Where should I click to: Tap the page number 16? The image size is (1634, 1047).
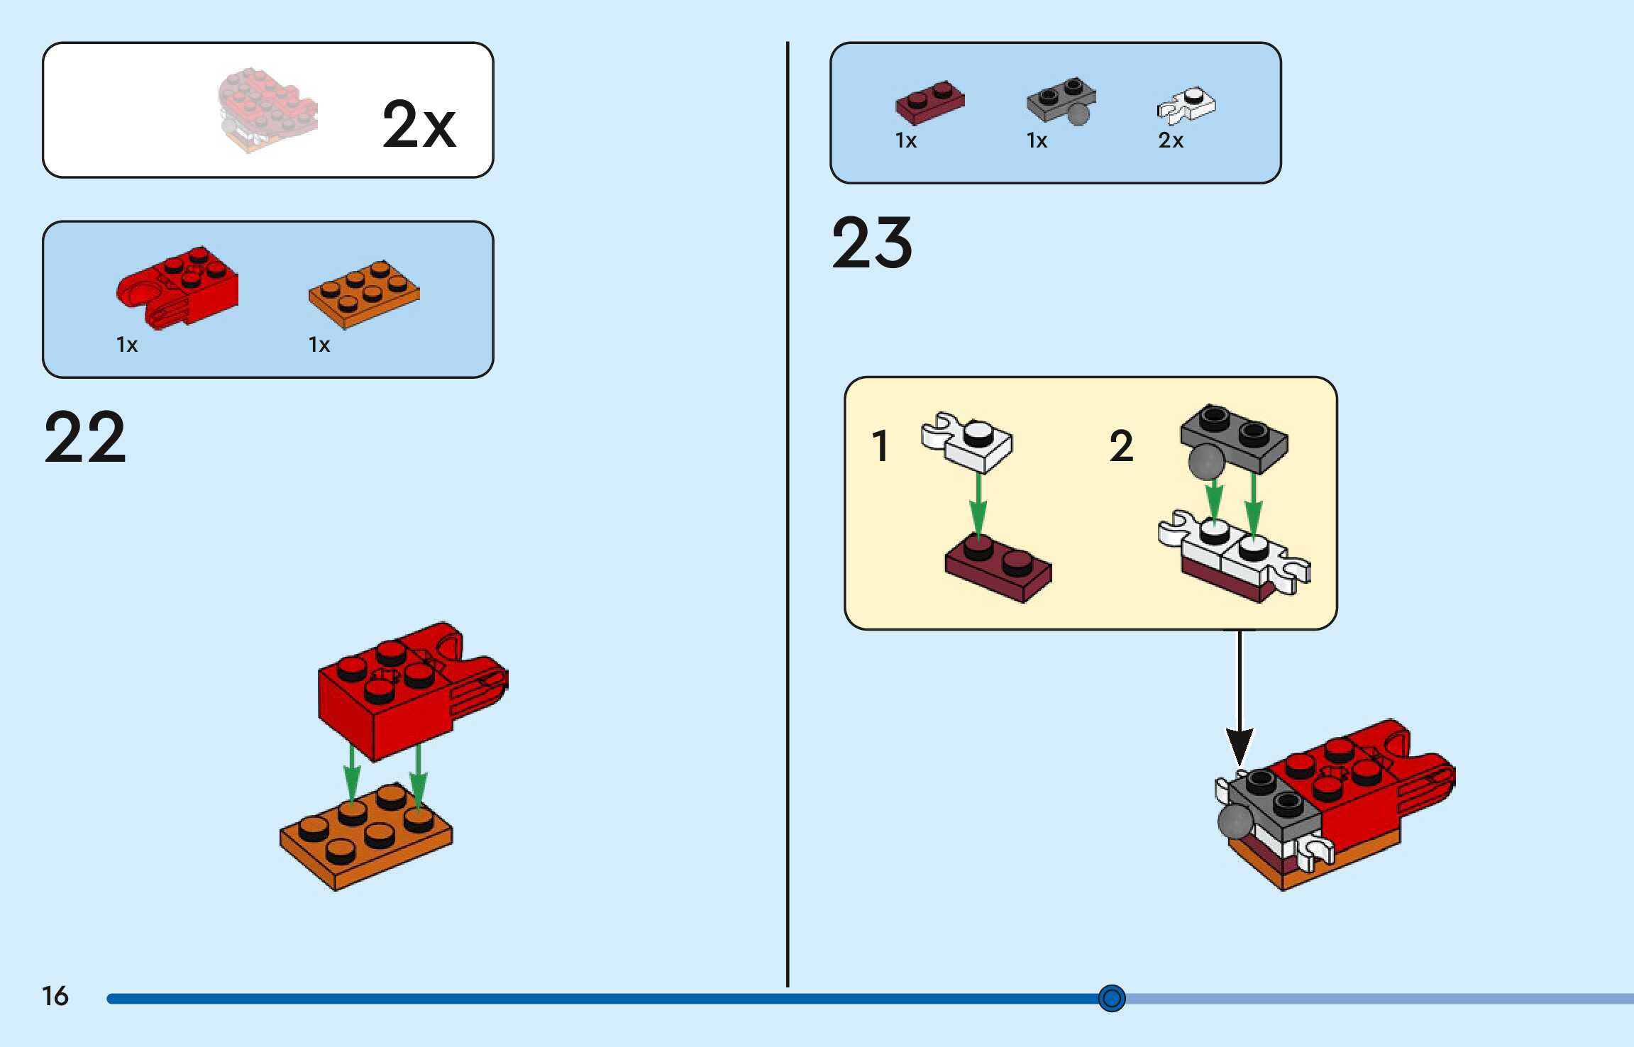click(x=55, y=996)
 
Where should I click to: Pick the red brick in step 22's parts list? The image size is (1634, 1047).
click(x=179, y=287)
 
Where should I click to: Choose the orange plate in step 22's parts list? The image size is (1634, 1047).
click(x=364, y=293)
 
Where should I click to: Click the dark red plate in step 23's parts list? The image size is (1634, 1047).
click(x=929, y=102)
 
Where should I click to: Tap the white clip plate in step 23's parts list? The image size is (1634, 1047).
click(x=1186, y=105)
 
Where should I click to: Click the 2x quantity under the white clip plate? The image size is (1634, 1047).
click(x=1171, y=140)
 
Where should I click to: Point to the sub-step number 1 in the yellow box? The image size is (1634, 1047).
click(x=880, y=446)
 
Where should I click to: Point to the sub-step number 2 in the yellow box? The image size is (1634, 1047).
click(x=1121, y=446)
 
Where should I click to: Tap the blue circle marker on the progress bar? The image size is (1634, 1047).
click(x=1111, y=998)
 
